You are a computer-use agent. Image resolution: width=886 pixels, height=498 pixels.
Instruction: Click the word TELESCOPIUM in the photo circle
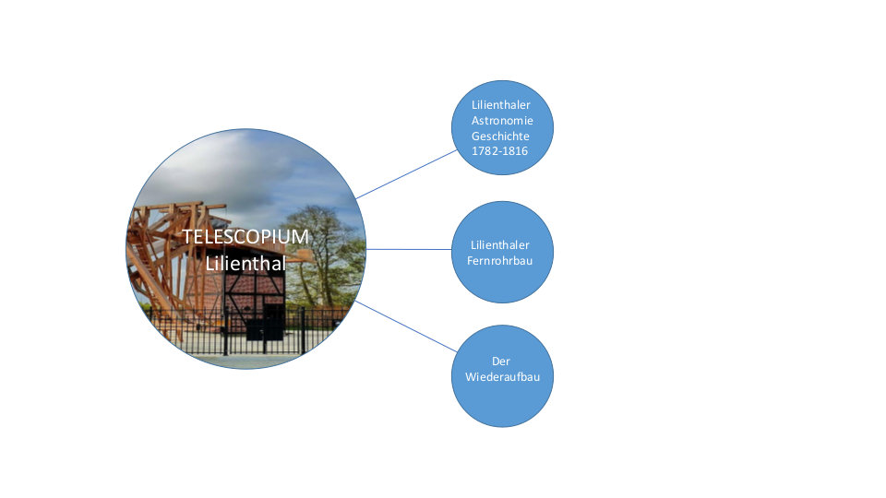click(x=245, y=237)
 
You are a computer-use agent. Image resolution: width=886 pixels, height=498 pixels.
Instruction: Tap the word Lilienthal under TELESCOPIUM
click(x=245, y=263)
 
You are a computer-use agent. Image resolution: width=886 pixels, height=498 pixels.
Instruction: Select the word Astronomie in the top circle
click(x=502, y=120)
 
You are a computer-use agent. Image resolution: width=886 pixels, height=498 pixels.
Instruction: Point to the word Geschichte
click(x=500, y=136)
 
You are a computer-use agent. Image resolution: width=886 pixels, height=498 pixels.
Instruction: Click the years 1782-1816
click(x=499, y=150)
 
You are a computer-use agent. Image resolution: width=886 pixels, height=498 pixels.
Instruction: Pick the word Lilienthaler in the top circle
click(x=500, y=104)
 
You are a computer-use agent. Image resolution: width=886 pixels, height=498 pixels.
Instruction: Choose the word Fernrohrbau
click(x=499, y=260)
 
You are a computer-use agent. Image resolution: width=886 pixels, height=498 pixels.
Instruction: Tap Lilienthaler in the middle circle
click(x=500, y=245)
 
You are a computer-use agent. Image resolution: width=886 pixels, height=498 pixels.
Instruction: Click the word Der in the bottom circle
click(x=500, y=362)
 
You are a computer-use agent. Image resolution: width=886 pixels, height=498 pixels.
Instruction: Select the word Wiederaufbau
click(x=502, y=376)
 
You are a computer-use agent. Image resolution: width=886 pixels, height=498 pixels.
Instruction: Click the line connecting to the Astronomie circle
click(x=407, y=174)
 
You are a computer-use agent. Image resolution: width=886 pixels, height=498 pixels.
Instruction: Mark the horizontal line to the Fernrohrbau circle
click(x=409, y=249)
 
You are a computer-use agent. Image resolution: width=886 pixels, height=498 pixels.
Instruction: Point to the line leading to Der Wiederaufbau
click(x=406, y=326)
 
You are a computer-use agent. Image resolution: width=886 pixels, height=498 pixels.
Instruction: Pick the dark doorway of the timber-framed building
click(x=273, y=322)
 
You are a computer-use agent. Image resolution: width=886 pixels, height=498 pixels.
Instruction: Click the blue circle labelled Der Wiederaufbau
click(x=502, y=376)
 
